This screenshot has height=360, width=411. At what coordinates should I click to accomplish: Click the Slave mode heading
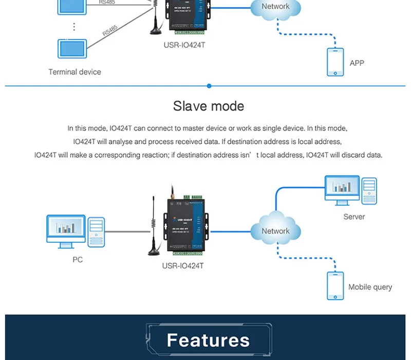coord(208,106)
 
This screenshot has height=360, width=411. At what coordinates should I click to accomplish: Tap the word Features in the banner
coord(208,340)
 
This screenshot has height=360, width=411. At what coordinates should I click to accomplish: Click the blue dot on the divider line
coord(209,86)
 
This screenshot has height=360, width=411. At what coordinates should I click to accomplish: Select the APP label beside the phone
coord(357,63)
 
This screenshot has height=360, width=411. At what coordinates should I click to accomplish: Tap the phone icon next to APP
coord(335,62)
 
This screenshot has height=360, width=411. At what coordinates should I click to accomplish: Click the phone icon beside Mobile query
coord(335,285)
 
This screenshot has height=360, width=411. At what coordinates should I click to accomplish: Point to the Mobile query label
coord(370,287)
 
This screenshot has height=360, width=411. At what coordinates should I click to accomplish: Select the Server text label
coord(354,217)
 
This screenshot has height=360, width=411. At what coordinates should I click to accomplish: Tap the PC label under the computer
coord(78,260)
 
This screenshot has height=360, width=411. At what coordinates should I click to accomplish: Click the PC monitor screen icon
coord(65,227)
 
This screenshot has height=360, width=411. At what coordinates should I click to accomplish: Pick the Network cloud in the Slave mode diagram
coord(275,230)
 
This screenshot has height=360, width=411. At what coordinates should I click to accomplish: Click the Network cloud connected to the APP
coord(275,7)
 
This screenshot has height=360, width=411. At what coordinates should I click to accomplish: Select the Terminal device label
coord(74,72)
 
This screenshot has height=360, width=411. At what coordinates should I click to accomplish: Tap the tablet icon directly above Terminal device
coord(74,49)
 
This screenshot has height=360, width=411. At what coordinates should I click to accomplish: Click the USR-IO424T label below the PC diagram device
coord(183,266)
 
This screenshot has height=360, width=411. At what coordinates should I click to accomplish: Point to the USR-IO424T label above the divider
coord(184,45)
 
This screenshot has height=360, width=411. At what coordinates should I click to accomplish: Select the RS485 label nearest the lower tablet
coord(110,32)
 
